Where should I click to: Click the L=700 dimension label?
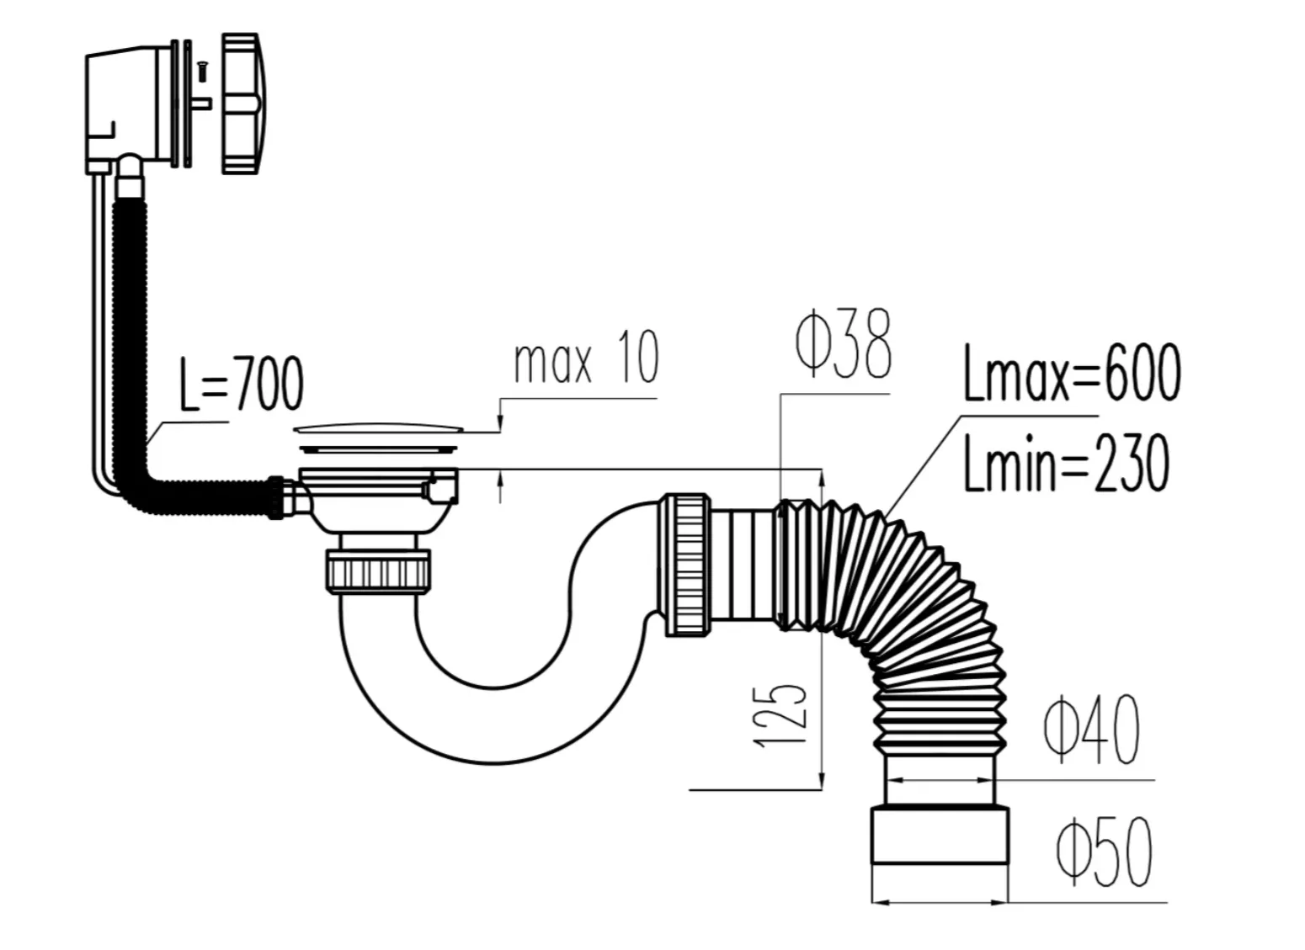tap(242, 383)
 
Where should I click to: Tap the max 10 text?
tap(586, 356)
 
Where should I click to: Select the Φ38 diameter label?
tap(843, 343)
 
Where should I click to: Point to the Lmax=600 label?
tap(1072, 373)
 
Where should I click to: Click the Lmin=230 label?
tap(1066, 464)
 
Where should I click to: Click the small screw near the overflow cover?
tap(202, 72)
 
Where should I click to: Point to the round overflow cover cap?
tap(243, 103)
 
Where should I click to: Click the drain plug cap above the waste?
tap(379, 429)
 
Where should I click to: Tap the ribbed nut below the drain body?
tap(378, 571)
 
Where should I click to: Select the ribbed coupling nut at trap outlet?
tap(688, 565)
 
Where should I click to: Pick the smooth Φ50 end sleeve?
tap(940, 836)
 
